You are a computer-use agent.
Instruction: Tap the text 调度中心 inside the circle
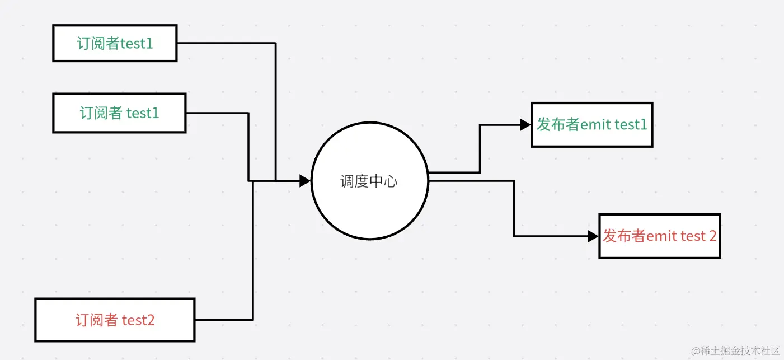coord(369,181)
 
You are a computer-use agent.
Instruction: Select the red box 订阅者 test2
coord(115,320)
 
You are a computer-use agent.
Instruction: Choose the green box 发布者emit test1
coord(591,124)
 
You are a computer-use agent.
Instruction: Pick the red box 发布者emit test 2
coord(659,236)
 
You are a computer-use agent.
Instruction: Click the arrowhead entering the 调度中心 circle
coord(305,180)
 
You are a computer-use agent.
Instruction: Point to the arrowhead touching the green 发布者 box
coord(525,125)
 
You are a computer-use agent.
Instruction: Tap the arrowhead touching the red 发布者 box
coord(593,236)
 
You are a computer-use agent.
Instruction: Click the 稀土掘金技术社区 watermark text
coord(741,350)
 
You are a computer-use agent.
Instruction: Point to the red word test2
coord(138,320)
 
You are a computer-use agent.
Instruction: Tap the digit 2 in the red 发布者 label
coord(712,236)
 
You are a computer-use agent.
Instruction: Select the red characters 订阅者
coord(96,320)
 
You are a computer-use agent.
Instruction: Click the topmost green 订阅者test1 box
coord(115,43)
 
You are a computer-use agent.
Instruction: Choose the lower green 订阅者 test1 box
coord(119,113)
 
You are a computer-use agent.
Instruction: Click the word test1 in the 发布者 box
coord(631,124)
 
